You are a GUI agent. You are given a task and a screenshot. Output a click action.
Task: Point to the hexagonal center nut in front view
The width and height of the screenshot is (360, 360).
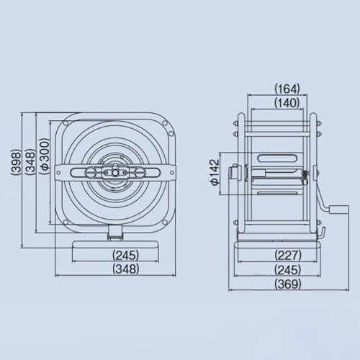[113, 174]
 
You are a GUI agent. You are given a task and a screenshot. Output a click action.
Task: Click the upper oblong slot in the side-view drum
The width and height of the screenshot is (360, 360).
[279, 158]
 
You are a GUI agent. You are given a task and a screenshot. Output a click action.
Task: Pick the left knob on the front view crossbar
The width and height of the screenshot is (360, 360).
[94, 174]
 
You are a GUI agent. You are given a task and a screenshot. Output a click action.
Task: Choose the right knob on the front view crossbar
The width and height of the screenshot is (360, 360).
[132, 174]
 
